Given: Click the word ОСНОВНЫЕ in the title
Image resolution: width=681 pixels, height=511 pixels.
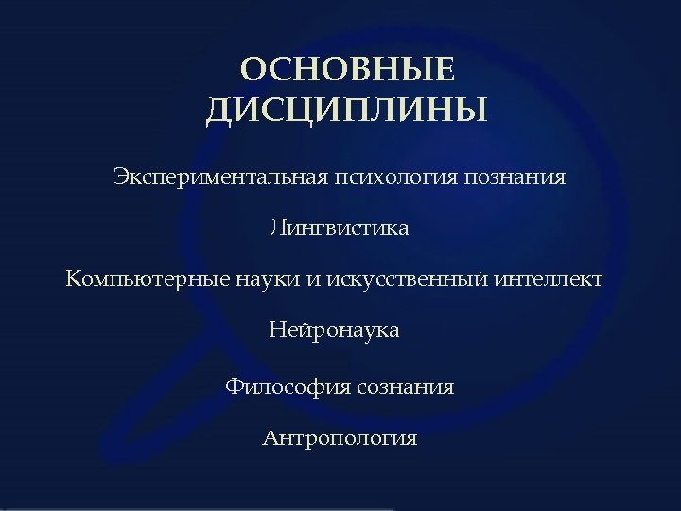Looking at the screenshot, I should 348,72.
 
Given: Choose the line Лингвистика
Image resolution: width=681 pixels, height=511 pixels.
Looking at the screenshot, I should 340,228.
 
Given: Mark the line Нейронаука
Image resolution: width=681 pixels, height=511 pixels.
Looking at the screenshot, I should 334,330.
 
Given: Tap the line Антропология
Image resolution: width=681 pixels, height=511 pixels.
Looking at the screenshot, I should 340,439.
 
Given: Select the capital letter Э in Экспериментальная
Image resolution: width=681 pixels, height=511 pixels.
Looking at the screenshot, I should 120,176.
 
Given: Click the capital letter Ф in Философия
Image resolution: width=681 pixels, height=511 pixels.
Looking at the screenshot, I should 235,386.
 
